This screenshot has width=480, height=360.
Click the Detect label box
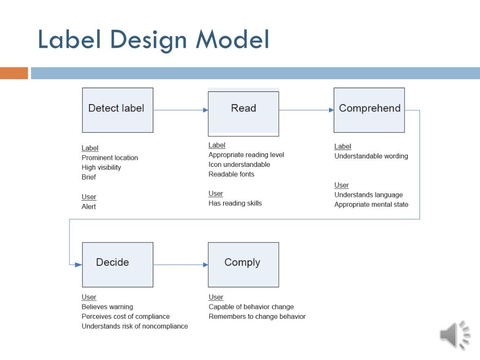pyautogui.click(x=118, y=110)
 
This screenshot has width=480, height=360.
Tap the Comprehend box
pyautogui.click(x=369, y=110)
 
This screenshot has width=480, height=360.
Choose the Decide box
pyautogui.click(x=118, y=264)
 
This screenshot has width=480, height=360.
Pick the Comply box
pyautogui.click(x=243, y=264)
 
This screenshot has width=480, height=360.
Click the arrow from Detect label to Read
pyautogui.click(x=180, y=110)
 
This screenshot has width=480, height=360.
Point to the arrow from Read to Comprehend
pyautogui.click(x=306, y=110)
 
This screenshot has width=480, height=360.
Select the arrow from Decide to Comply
pyautogui.click(x=180, y=265)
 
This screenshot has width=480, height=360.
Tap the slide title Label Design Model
pyautogui.click(x=153, y=39)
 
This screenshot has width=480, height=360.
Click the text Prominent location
pyautogui.click(x=110, y=158)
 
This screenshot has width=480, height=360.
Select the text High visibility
pyautogui.click(x=101, y=167)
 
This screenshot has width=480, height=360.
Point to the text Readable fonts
pyautogui.click(x=232, y=174)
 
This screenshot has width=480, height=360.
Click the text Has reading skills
pyautogui.click(x=235, y=203)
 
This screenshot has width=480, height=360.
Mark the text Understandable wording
pyautogui.click(x=371, y=156)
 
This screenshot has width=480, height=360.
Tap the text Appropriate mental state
pyautogui.click(x=371, y=204)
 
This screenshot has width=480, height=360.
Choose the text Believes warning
pyautogui.click(x=107, y=307)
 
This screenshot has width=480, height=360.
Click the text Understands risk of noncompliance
pyautogui.click(x=135, y=326)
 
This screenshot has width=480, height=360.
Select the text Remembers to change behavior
pyautogui.click(x=257, y=316)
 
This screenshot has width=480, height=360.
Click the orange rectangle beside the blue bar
pyautogui.click(x=14, y=73)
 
